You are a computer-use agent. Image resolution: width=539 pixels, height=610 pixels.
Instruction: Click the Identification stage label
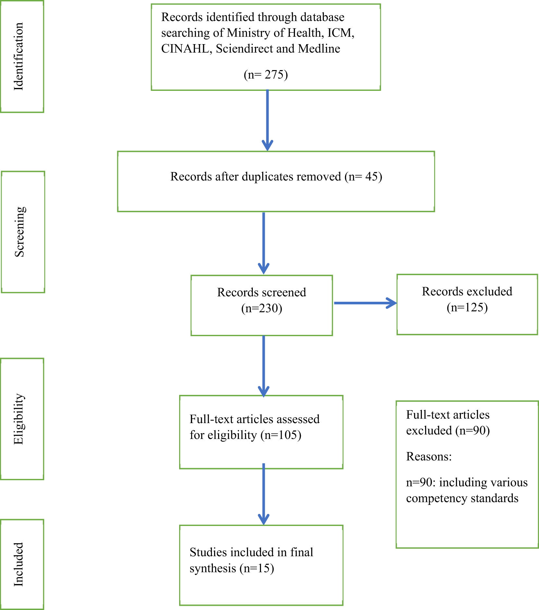coord(18,56)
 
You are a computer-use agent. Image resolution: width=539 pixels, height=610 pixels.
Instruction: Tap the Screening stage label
coord(19,232)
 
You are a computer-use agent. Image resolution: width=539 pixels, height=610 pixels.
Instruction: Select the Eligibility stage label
coord(18,419)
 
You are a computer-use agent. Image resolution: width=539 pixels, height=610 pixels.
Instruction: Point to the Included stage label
coord(18,564)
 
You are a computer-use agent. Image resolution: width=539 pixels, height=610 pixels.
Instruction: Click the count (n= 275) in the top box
coord(266,75)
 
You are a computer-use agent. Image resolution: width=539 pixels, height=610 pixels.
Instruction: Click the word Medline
coord(319,49)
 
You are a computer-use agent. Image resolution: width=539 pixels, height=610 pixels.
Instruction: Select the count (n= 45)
coord(363,177)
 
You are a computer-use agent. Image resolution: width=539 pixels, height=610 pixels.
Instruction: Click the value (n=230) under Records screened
coord(262,308)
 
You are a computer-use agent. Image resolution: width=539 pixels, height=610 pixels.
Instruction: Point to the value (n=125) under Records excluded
coord(467,307)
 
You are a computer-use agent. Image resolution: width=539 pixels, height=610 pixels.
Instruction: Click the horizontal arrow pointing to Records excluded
coord(365,303)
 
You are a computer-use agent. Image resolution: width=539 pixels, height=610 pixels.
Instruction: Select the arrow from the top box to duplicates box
coord(267,120)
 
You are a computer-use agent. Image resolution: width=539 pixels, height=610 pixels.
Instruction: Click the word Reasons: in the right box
coord(429,457)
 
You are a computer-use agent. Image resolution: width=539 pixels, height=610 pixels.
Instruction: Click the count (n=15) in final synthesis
coord(257,568)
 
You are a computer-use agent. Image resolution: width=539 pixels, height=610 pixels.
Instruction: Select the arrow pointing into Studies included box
coord(263,494)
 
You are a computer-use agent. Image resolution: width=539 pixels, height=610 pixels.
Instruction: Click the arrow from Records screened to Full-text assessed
coord(263,366)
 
